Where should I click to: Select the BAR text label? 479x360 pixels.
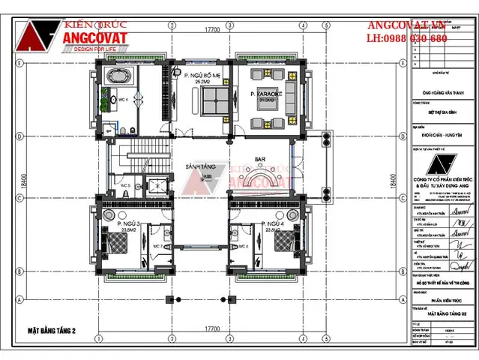point(261,160)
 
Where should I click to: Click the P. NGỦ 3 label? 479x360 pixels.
point(129,223)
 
